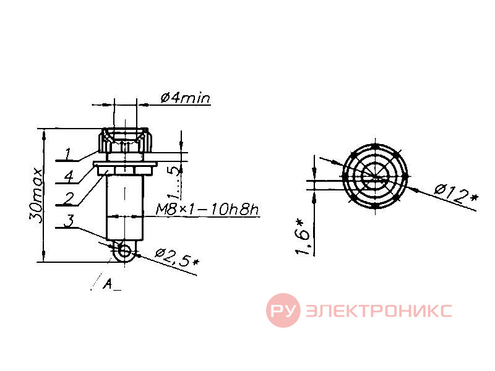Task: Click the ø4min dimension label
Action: pyautogui.click(x=185, y=98)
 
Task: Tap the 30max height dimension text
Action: pyautogui.click(x=35, y=195)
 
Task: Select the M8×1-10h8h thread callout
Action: pyautogui.click(x=207, y=210)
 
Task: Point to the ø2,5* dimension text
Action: pyautogui.click(x=178, y=257)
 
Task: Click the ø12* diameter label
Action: pyautogui.click(x=456, y=194)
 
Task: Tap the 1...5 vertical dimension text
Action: pyautogui.click(x=175, y=183)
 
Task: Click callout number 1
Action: pyautogui.click(x=69, y=154)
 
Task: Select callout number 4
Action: pyautogui.click(x=69, y=176)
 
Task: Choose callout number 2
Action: pyautogui.click(x=68, y=198)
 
